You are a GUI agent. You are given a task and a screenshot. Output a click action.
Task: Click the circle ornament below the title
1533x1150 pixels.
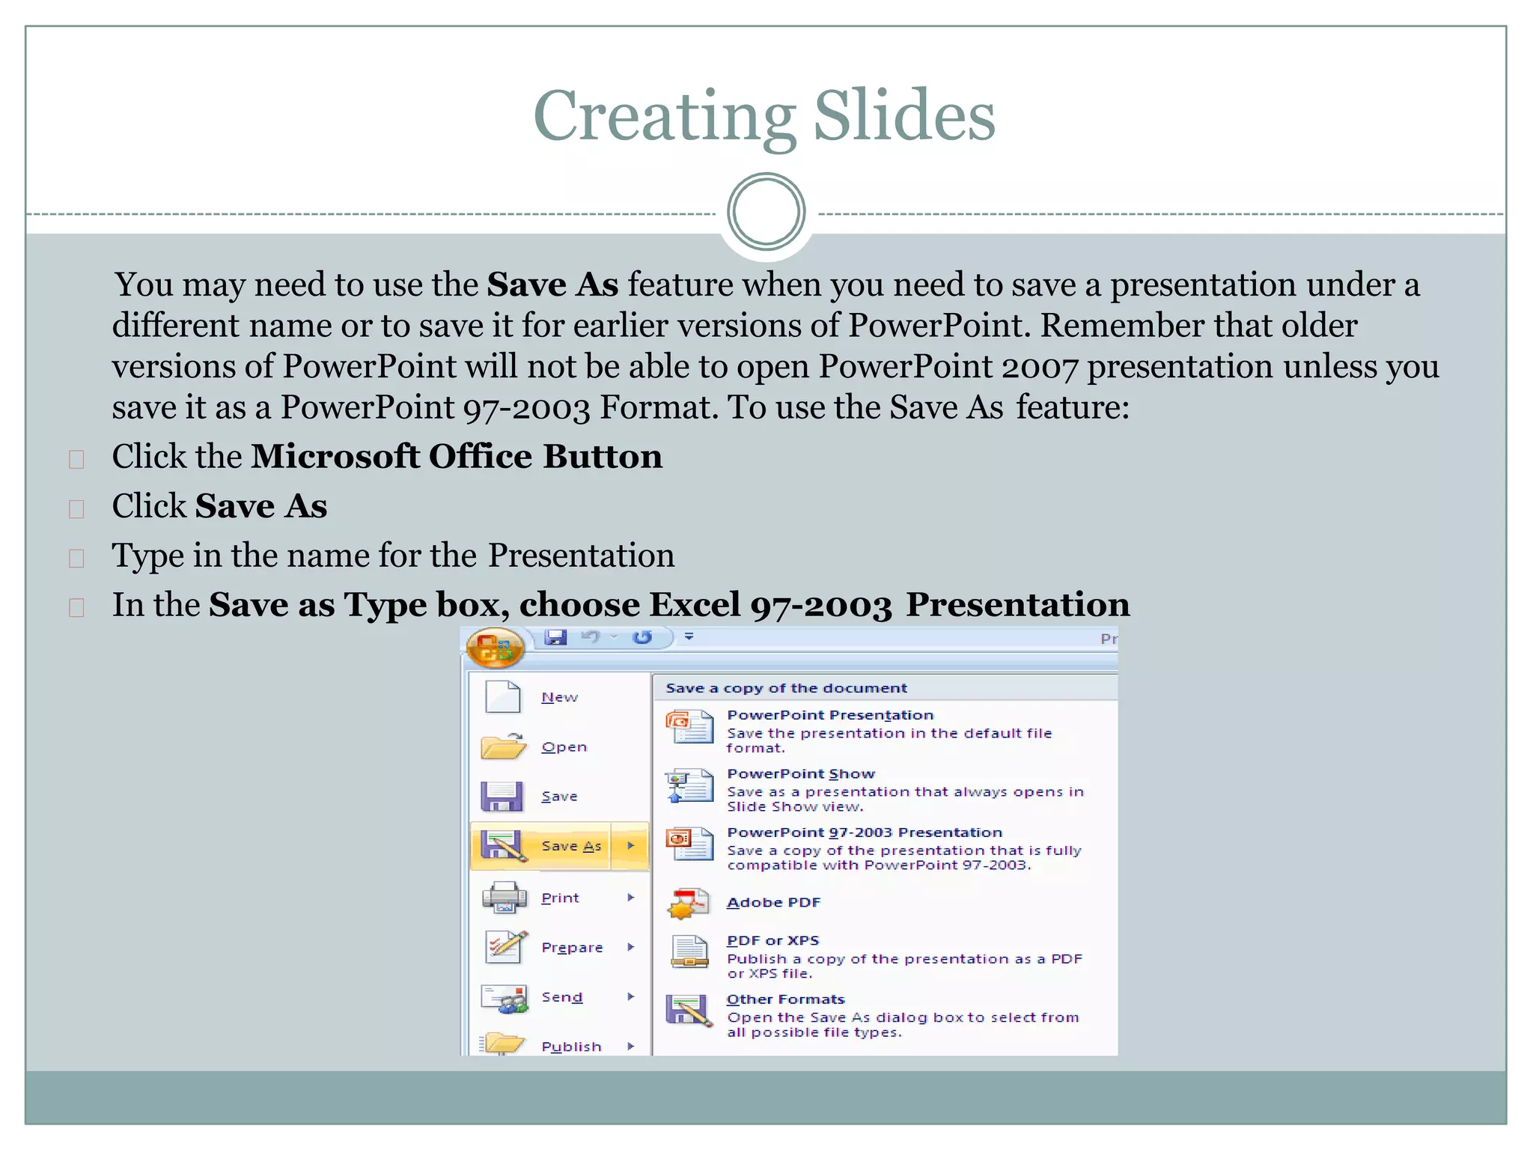766,212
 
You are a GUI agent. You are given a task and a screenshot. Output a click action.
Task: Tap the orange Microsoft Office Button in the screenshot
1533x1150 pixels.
495,648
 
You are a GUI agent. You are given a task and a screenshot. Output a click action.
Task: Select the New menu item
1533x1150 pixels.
559,697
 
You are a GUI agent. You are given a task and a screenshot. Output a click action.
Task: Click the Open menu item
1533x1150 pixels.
564,747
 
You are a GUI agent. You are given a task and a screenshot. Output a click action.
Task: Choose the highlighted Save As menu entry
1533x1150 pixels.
570,846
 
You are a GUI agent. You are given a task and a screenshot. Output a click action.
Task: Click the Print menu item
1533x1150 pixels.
560,898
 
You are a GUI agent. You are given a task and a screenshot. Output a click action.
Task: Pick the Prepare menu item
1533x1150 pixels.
571,947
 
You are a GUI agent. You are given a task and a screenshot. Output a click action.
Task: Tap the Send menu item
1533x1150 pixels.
561,997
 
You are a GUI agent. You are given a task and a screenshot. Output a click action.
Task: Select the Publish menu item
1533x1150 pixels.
570,1046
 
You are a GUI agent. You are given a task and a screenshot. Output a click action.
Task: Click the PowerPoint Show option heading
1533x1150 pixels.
800,774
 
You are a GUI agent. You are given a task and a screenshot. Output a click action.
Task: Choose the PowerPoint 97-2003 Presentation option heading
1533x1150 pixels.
864,833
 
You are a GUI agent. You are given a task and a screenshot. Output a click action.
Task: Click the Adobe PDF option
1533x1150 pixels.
773,903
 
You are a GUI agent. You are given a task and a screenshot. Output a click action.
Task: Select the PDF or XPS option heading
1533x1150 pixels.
772,940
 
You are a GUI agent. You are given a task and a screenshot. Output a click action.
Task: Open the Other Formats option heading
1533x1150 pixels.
785,1000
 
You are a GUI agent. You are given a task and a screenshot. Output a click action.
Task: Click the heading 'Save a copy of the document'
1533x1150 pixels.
786,688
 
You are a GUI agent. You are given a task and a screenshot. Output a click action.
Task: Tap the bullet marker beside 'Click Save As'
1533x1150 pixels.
76,509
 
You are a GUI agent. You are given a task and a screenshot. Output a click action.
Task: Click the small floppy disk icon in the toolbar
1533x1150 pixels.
555,637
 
